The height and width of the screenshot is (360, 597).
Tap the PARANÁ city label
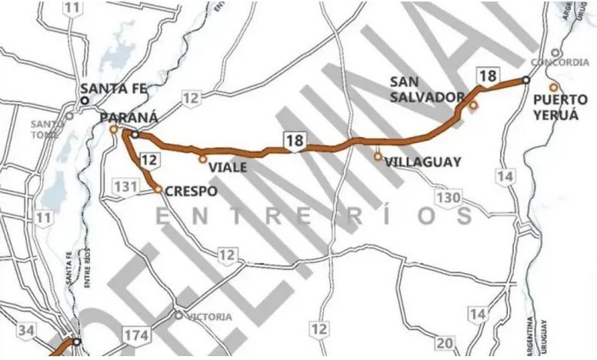(128, 117)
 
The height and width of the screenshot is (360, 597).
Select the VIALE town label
(221, 168)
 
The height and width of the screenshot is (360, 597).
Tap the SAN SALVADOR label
(426, 88)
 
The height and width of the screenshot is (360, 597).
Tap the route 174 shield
(135, 334)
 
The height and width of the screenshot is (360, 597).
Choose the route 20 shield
(445, 342)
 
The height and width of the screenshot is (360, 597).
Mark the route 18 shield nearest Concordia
(486, 75)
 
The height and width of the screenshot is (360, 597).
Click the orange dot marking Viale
(202, 159)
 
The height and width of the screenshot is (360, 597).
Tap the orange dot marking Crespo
(157, 189)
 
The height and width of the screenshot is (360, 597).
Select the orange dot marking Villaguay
(378, 156)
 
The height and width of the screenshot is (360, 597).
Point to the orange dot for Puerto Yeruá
(552, 86)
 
